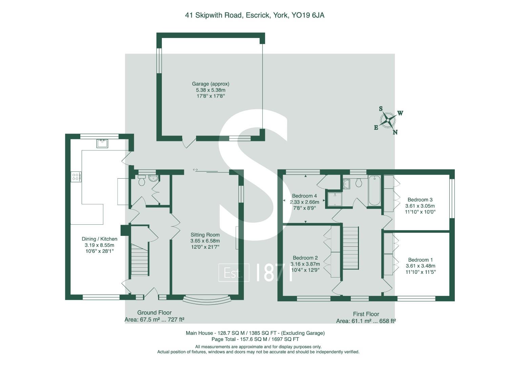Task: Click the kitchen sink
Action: [x=102, y=143]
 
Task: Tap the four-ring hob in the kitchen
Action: [x=76, y=177]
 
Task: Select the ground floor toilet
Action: [x=142, y=181]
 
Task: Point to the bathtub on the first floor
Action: [x=374, y=190]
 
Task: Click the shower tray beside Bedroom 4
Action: [x=335, y=199]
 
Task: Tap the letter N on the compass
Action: [x=395, y=132]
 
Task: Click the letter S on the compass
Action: [x=381, y=109]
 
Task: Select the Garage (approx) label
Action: [x=211, y=84]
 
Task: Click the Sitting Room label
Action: [x=205, y=235]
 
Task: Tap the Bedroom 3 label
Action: [x=420, y=200]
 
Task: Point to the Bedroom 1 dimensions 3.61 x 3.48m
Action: [x=421, y=266]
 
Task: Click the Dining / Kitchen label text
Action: [x=100, y=239]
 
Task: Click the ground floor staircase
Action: [x=140, y=260]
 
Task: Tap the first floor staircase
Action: [x=350, y=248]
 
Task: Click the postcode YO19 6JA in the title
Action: [x=308, y=15]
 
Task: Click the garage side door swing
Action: [x=189, y=142]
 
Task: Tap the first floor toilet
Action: [x=359, y=183]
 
